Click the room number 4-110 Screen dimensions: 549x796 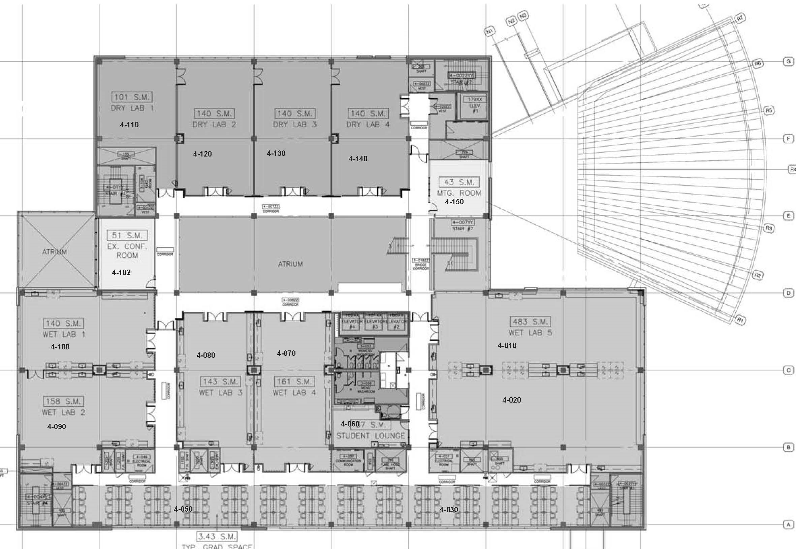click(129, 125)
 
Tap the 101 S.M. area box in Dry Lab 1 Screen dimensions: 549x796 click(132, 97)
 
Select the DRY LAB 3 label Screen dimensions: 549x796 click(295, 125)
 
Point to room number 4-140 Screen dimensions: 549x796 click(358, 159)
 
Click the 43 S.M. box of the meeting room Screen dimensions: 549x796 click(459, 182)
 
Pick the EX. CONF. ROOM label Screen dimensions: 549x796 click(127, 251)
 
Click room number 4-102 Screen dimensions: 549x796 click(121, 272)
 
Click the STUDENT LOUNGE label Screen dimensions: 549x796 click(371, 436)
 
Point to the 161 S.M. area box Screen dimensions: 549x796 click(295, 381)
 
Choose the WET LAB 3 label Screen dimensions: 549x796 click(221, 392)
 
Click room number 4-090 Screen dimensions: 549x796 click(57, 426)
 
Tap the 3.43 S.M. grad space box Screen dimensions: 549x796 click(217, 536)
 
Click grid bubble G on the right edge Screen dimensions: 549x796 click(789, 62)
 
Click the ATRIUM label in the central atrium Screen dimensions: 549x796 click(290, 264)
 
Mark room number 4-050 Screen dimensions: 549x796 click(183, 509)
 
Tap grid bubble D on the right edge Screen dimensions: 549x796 click(789, 293)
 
